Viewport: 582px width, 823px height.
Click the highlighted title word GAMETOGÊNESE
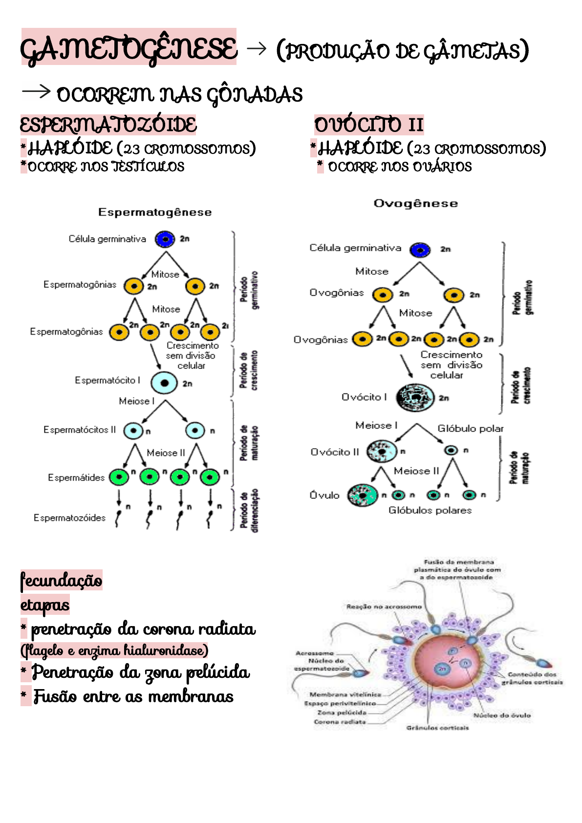tap(129, 48)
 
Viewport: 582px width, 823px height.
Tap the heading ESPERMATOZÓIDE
tap(108, 125)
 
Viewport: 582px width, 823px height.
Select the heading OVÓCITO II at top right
tap(369, 125)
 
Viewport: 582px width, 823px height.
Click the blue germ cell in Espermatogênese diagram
tap(165, 239)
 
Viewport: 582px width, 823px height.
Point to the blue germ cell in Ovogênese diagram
tap(420, 250)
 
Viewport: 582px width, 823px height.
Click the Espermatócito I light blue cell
tap(164, 383)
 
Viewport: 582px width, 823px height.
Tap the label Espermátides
tap(76, 477)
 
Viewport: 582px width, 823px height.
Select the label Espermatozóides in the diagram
tap(69, 518)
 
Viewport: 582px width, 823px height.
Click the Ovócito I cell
tap(415, 397)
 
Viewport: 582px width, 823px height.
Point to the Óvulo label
tap(324, 495)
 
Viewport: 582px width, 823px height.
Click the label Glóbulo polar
tap(470, 429)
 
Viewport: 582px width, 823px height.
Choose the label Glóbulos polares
tap(430, 510)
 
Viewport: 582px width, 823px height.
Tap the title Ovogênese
tap(416, 203)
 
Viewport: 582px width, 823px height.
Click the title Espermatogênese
tap(155, 212)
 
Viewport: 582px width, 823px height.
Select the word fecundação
tap(61, 580)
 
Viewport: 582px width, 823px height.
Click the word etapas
tap(44, 605)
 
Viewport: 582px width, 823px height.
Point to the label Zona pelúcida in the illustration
tap(342, 713)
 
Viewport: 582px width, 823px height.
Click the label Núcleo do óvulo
tap(502, 715)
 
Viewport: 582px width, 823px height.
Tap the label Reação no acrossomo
tap(384, 606)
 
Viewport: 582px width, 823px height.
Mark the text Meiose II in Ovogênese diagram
tap(416, 471)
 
